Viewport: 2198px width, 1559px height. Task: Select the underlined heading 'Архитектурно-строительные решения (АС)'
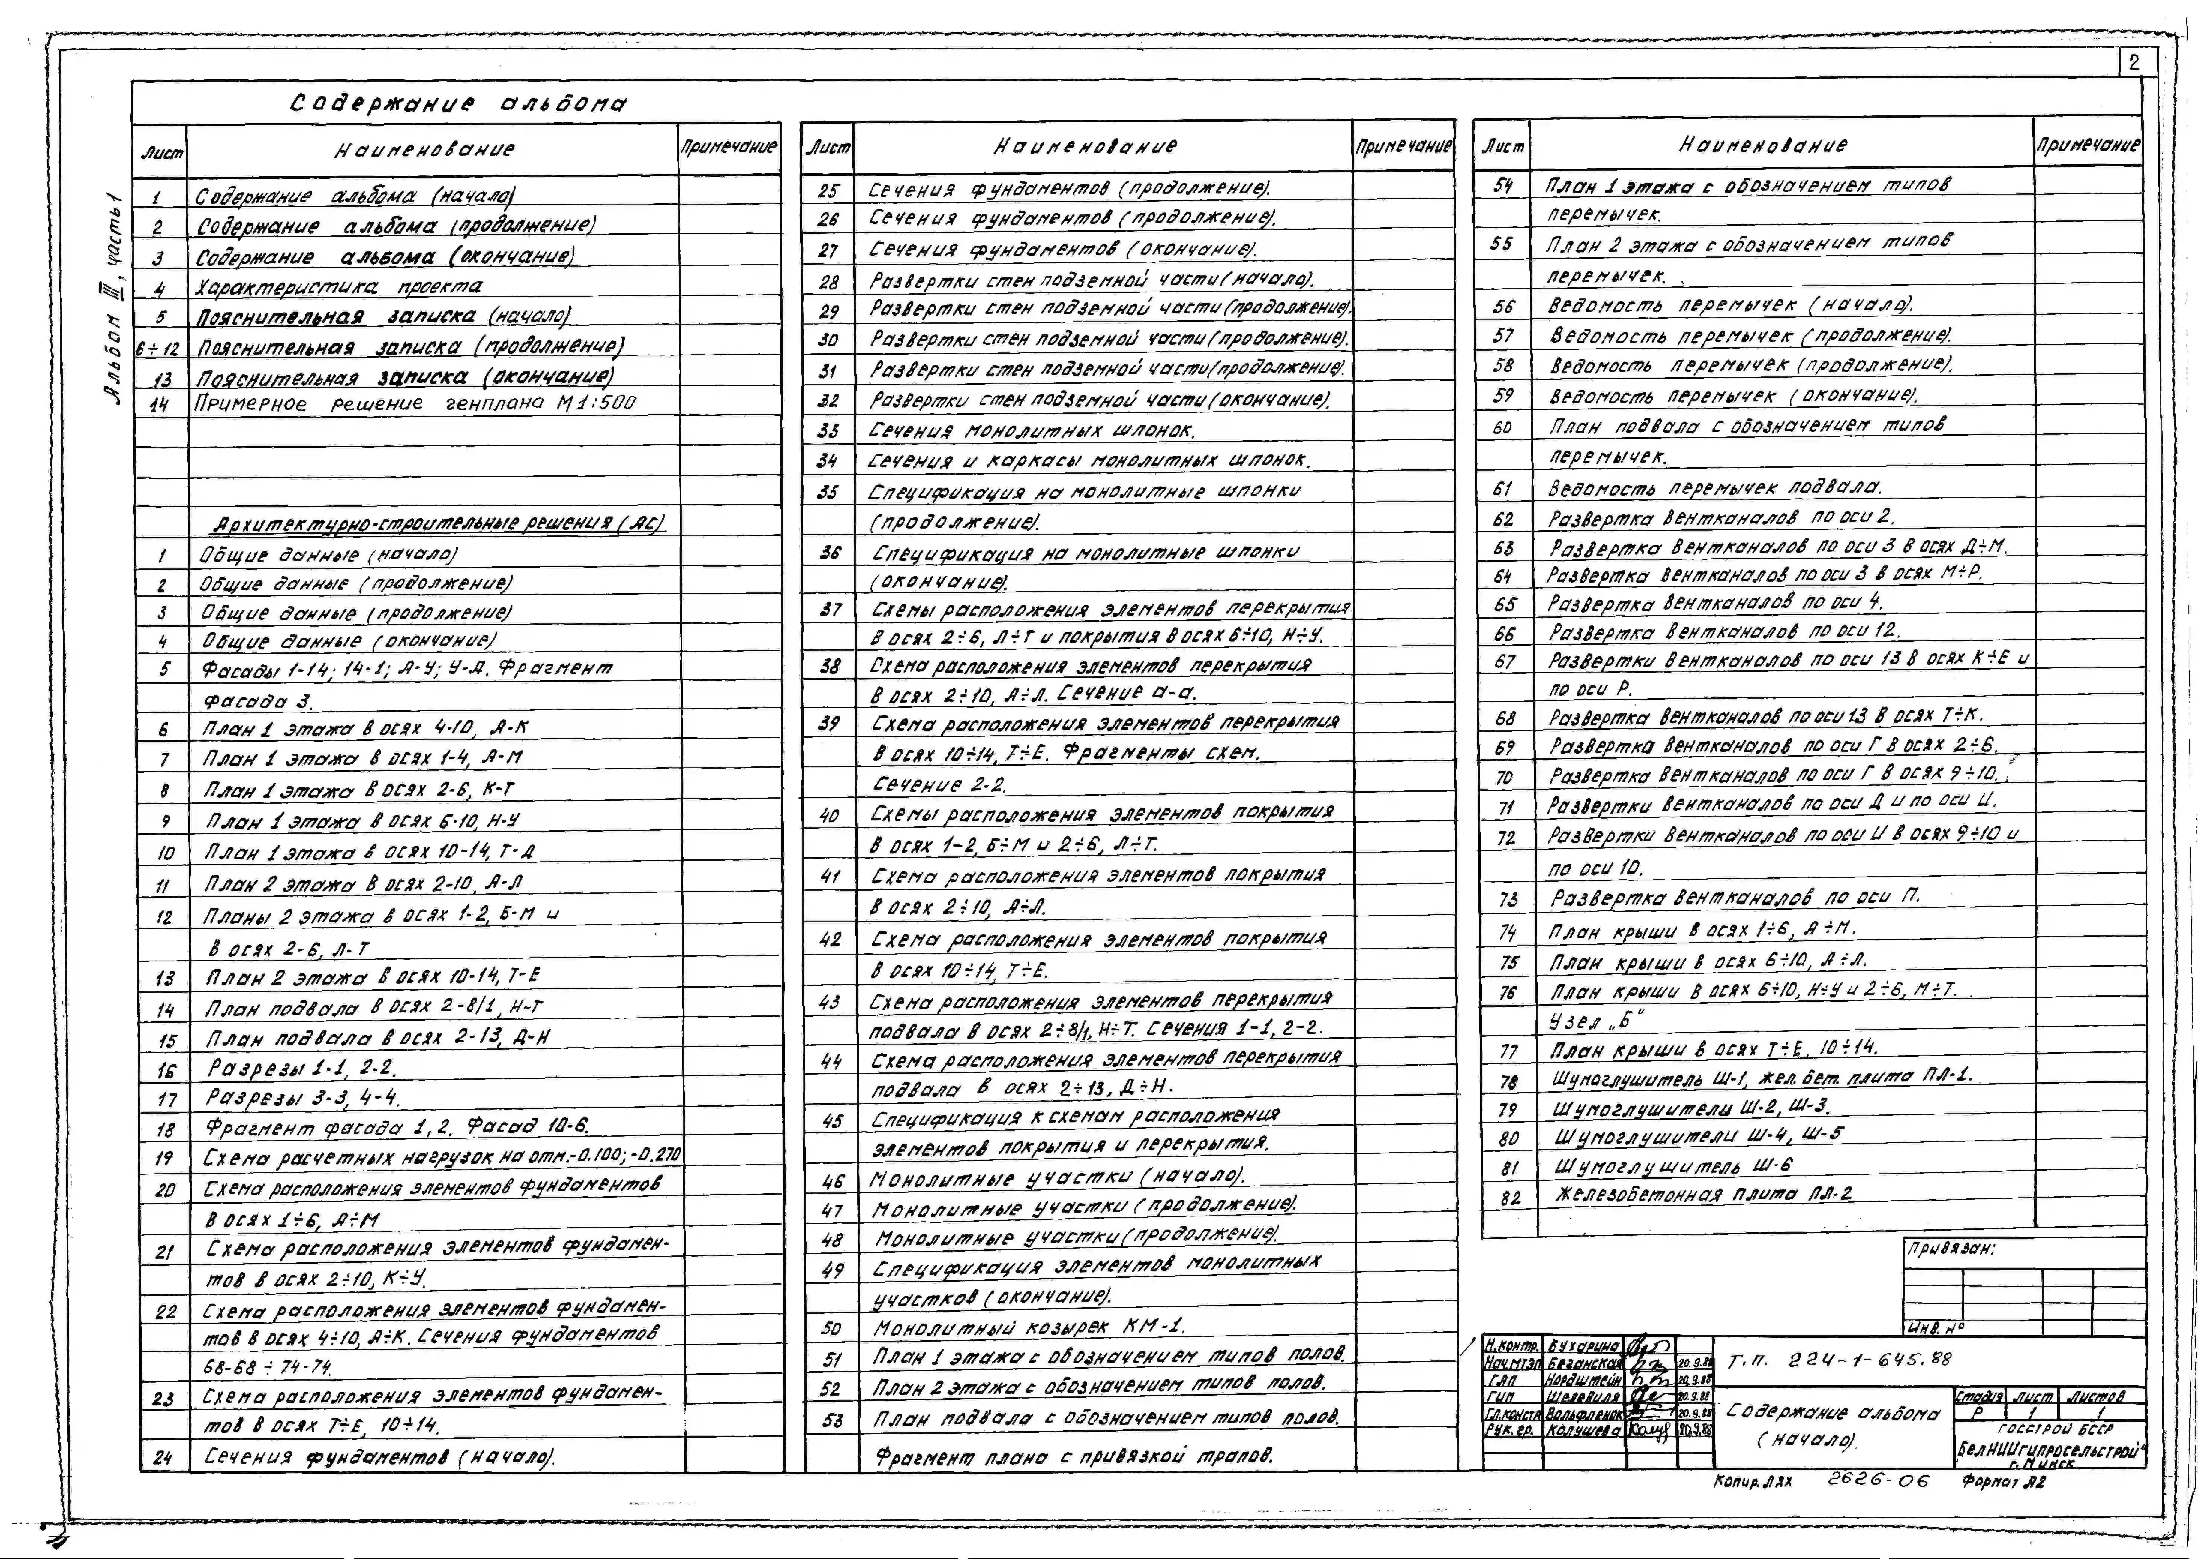point(438,524)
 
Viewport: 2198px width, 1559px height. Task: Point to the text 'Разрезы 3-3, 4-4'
point(303,1097)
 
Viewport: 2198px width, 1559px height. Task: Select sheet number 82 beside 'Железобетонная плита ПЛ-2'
point(1510,1197)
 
